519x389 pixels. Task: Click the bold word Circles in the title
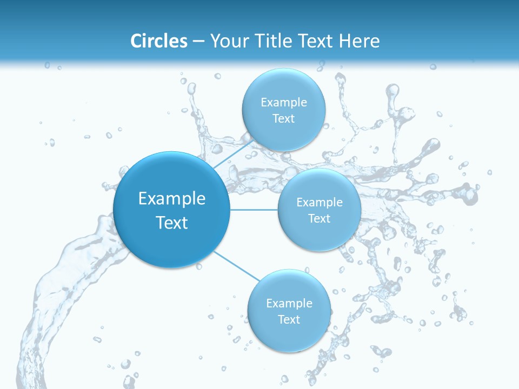click(x=159, y=41)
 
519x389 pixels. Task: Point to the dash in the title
click(x=198, y=42)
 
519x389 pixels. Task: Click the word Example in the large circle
click(x=172, y=199)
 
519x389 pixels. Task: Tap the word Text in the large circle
click(x=172, y=223)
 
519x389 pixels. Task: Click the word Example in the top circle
click(x=283, y=103)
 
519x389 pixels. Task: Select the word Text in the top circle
click(x=283, y=119)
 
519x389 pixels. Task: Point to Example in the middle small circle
click(x=319, y=203)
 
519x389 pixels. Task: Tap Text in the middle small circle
click(x=319, y=219)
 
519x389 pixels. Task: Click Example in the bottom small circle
click(x=289, y=304)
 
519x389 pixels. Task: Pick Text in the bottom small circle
click(x=289, y=320)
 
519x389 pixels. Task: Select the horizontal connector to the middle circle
click(x=254, y=209)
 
